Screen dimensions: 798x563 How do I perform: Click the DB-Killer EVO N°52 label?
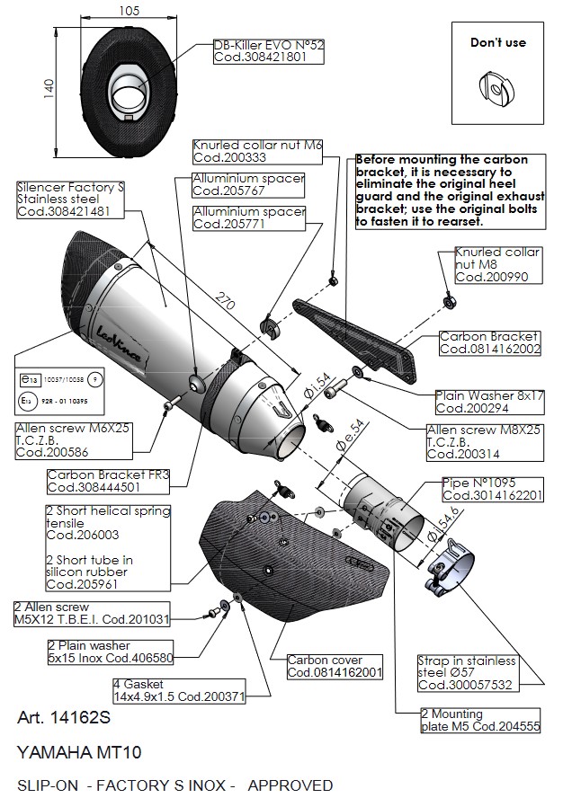pyautogui.click(x=267, y=49)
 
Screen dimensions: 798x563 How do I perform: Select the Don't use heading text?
pyautogui.click(x=497, y=42)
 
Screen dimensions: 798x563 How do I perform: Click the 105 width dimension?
pyautogui.click(x=128, y=10)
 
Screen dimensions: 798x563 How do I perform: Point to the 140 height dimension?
pyautogui.click(x=49, y=86)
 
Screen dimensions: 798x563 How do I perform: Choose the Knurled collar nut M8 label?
pyautogui.click(x=498, y=265)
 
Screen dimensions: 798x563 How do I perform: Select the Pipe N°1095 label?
pyautogui.click(x=493, y=489)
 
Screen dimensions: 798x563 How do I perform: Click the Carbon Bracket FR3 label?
pyautogui.click(x=108, y=482)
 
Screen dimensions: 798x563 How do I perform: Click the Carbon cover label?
pyautogui.click(x=335, y=666)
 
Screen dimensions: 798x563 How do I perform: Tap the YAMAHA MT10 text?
pyautogui.click(x=79, y=751)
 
